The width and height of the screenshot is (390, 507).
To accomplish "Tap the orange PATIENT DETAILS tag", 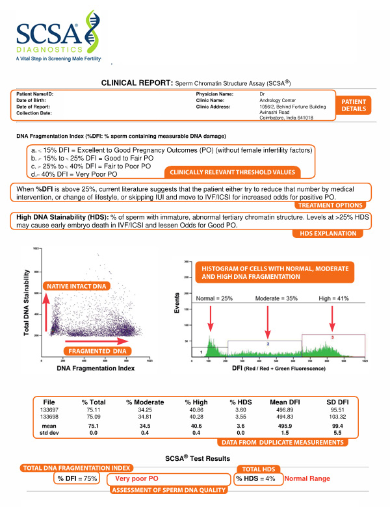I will click(x=353, y=105).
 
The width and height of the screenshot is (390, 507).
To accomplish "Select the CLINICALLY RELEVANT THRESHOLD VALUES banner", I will click(x=232, y=172).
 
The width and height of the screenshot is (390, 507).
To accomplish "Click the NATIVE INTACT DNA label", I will click(x=75, y=286).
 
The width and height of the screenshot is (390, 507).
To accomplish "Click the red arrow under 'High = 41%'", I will click(x=332, y=318).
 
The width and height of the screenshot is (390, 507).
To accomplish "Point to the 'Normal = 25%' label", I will click(x=214, y=298).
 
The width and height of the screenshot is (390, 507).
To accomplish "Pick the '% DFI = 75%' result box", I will click(x=77, y=480).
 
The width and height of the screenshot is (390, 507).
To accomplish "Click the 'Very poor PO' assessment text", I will click(x=137, y=479).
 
